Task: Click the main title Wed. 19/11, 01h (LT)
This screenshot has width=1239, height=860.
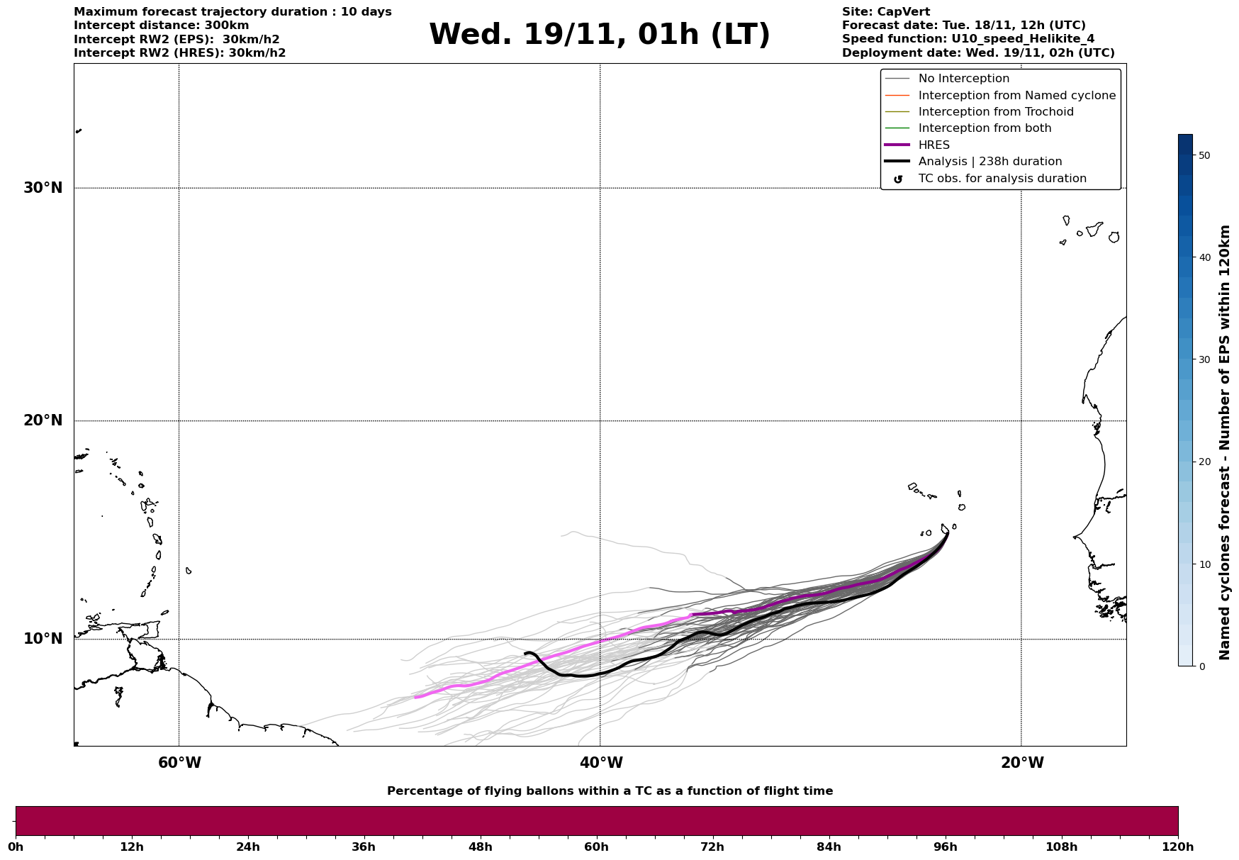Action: [599, 35]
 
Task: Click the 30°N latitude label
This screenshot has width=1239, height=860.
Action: [43, 188]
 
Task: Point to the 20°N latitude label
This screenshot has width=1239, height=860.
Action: [43, 420]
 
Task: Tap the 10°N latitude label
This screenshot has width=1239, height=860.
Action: [43, 639]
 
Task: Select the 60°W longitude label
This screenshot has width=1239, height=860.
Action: [179, 763]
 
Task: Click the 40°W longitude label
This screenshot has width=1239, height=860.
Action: [600, 763]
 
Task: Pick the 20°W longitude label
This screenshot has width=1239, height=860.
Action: [1021, 763]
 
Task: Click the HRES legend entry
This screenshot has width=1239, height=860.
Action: [934, 145]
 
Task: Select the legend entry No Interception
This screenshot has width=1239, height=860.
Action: [963, 79]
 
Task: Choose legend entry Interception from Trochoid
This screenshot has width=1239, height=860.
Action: [995, 112]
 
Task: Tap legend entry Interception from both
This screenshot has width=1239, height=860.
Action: [985, 128]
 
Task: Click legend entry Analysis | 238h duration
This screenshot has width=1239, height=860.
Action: [989, 162]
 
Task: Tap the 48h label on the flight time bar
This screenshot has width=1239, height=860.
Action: [480, 847]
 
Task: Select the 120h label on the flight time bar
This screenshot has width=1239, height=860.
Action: [1178, 847]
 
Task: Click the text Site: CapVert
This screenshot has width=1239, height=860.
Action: [885, 12]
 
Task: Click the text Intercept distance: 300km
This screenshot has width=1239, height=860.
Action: [161, 26]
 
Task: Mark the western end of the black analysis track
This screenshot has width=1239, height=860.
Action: [525, 653]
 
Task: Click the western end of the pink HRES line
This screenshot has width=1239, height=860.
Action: [415, 698]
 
